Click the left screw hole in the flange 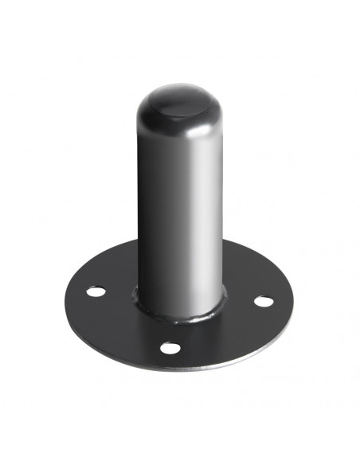(x=95, y=292)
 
